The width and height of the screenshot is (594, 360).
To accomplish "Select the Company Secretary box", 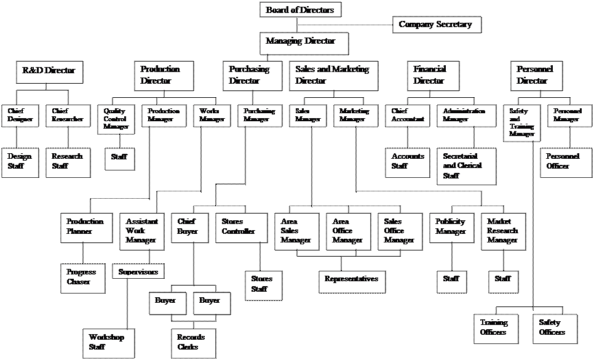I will click(436, 25).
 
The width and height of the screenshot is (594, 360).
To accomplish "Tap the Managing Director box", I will click(304, 43).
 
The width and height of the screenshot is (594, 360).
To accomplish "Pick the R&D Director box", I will click(49, 72).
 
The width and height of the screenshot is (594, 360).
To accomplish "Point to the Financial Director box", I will click(434, 75).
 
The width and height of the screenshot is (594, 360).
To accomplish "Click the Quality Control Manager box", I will click(116, 119).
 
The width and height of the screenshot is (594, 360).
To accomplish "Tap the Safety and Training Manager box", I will click(521, 123).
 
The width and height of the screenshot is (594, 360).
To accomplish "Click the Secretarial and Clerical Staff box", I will click(466, 166).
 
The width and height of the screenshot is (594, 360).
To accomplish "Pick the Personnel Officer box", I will click(563, 162).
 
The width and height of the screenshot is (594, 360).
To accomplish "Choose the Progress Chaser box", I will click(82, 278).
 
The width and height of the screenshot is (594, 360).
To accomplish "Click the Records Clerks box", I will click(194, 343).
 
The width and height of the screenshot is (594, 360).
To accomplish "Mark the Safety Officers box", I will click(555, 329).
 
